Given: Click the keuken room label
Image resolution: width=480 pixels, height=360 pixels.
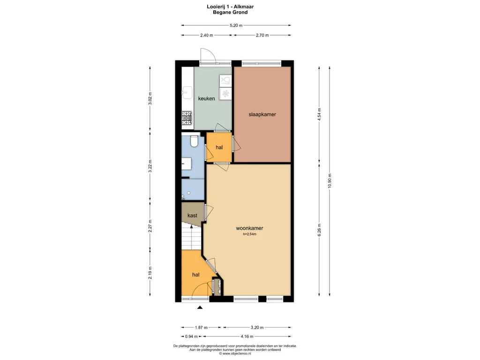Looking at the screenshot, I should click(206, 98).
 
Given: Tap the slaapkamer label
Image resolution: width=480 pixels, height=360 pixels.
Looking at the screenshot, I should click(262, 114).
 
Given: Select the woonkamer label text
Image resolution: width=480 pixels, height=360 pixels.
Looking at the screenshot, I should click(249, 228).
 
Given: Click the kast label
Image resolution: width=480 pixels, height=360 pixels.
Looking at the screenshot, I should click(192, 216).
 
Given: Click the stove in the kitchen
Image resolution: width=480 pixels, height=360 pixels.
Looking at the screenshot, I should click(187, 118).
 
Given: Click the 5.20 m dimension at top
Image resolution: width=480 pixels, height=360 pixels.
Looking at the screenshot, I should click(236, 26).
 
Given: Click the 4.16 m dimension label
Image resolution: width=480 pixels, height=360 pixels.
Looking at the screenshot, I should click(247, 336).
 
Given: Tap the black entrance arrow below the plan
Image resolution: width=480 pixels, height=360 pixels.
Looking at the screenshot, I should click(200, 307).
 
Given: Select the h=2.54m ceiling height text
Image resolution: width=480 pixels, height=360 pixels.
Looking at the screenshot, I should click(249, 234).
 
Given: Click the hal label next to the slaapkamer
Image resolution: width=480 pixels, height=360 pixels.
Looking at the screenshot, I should click(219, 147).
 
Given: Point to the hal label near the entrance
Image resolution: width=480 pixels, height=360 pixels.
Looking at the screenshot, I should click(196, 275).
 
